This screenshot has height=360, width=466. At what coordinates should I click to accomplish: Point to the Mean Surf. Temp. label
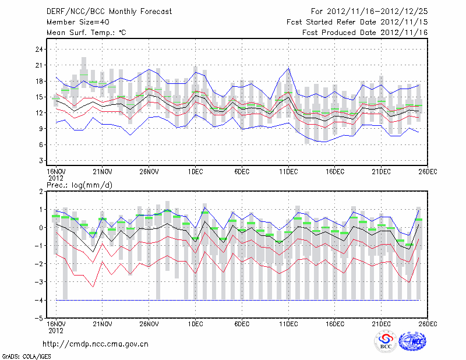click(86, 33)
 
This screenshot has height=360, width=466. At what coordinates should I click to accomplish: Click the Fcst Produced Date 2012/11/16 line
click(365, 33)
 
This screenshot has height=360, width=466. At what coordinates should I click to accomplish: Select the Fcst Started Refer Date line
click(357, 22)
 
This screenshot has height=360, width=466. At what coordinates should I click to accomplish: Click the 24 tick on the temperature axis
click(40, 50)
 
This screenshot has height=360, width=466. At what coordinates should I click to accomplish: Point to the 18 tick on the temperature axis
click(40, 81)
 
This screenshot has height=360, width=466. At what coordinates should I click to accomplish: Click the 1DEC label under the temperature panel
click(196, 171)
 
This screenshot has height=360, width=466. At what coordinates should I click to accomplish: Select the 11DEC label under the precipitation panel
click(289, 323)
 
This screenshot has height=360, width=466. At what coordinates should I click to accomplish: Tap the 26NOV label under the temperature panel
click(149, 171)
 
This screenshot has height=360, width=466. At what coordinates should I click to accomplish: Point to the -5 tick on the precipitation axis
click(40, 318)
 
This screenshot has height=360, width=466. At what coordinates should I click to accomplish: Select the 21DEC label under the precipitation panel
click(382, 323)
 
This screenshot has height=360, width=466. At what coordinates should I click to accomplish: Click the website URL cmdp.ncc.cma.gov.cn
click(96, 344)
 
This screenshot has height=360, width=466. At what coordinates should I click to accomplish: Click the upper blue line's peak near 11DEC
click(289, 68)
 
